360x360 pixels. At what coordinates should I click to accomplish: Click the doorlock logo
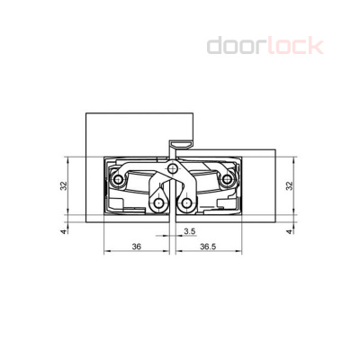click(x=265, y=45)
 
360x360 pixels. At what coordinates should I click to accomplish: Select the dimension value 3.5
click(x=188, y=231)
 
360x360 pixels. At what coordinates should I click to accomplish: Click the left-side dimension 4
click(x=64, y=231)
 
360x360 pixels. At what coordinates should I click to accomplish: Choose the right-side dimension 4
click(x=290, y=231)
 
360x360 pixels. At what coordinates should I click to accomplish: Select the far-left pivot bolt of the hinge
click(x=117, y=180)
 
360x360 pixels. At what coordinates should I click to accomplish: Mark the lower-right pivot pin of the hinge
click(x=187, y=203)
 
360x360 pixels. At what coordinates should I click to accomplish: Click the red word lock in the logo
click(x=292, y=45)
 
